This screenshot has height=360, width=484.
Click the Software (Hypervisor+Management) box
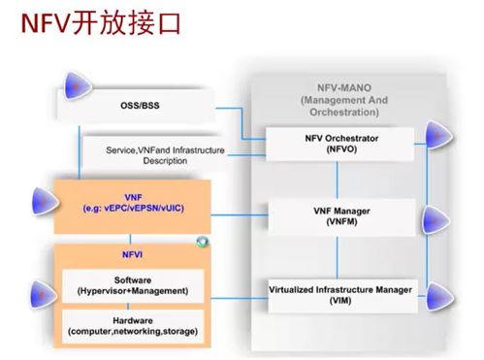tap(134, 285)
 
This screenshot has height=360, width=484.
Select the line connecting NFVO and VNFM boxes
tap(337, 179)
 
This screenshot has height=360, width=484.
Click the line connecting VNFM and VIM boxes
tap(337, 253)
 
